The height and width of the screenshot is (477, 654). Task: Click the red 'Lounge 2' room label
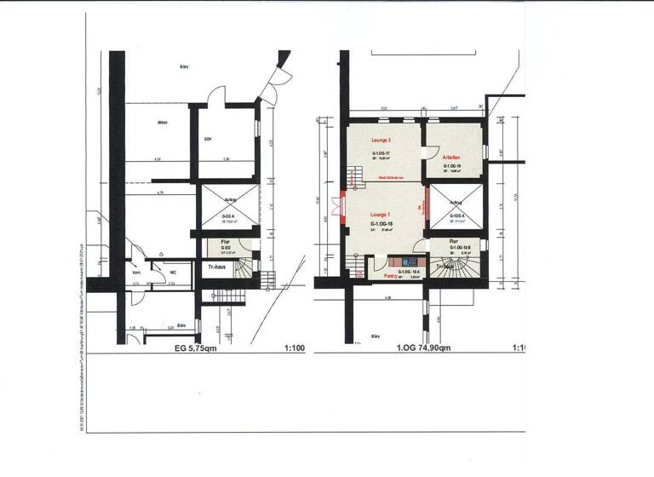click(381, 140)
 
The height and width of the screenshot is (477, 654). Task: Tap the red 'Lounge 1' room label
click(381, 214)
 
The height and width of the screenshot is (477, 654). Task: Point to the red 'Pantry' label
click(393, 275)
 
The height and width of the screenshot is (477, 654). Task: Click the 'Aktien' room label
click(163, 123)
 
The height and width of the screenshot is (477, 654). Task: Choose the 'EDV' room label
click(208, 140)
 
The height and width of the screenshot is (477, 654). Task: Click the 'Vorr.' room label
click(136, 273)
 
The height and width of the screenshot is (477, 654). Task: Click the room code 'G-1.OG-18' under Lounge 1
click(381, 223)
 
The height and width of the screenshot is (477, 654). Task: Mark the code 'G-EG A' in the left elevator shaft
click(229, 216)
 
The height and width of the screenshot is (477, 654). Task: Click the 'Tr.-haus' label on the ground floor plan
click(218, 267)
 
